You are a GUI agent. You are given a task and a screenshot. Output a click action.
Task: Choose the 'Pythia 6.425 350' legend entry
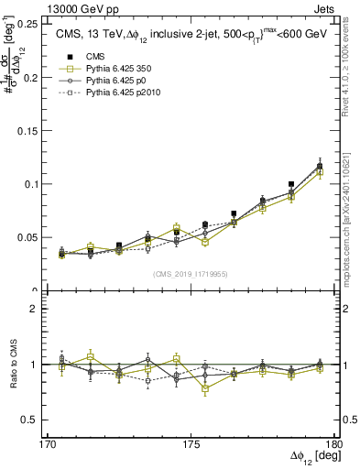coord(106,69)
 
